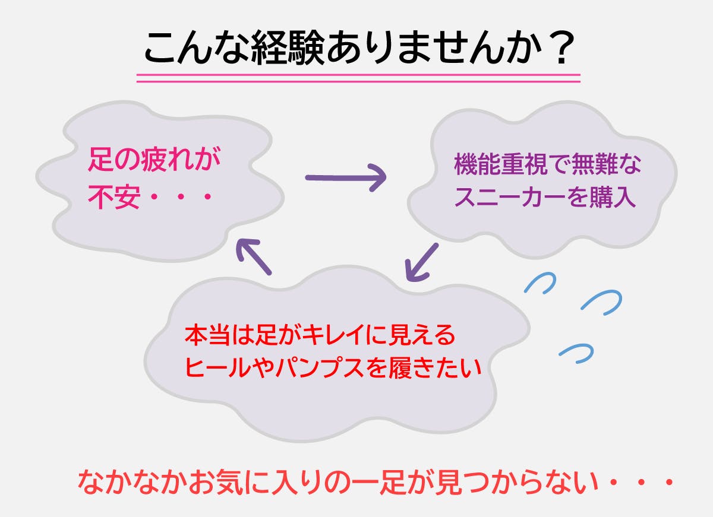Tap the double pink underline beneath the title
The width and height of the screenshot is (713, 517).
(358, 78)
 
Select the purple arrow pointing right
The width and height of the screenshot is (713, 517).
(346, 177)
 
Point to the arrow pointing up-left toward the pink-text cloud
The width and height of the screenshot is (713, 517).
(254, 256)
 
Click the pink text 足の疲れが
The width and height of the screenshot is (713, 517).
(154, 159)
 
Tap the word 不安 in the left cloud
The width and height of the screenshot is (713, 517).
(114, 196)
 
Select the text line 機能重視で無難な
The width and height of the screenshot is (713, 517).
(547, 164)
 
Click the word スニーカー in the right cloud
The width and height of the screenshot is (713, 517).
(510, 197)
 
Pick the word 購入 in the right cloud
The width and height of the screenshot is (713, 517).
(613, 197)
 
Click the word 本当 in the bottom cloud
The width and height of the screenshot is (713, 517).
(207, 335)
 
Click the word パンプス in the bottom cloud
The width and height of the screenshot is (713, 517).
(320, 368)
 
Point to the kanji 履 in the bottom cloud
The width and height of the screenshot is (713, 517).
(399, 368)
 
